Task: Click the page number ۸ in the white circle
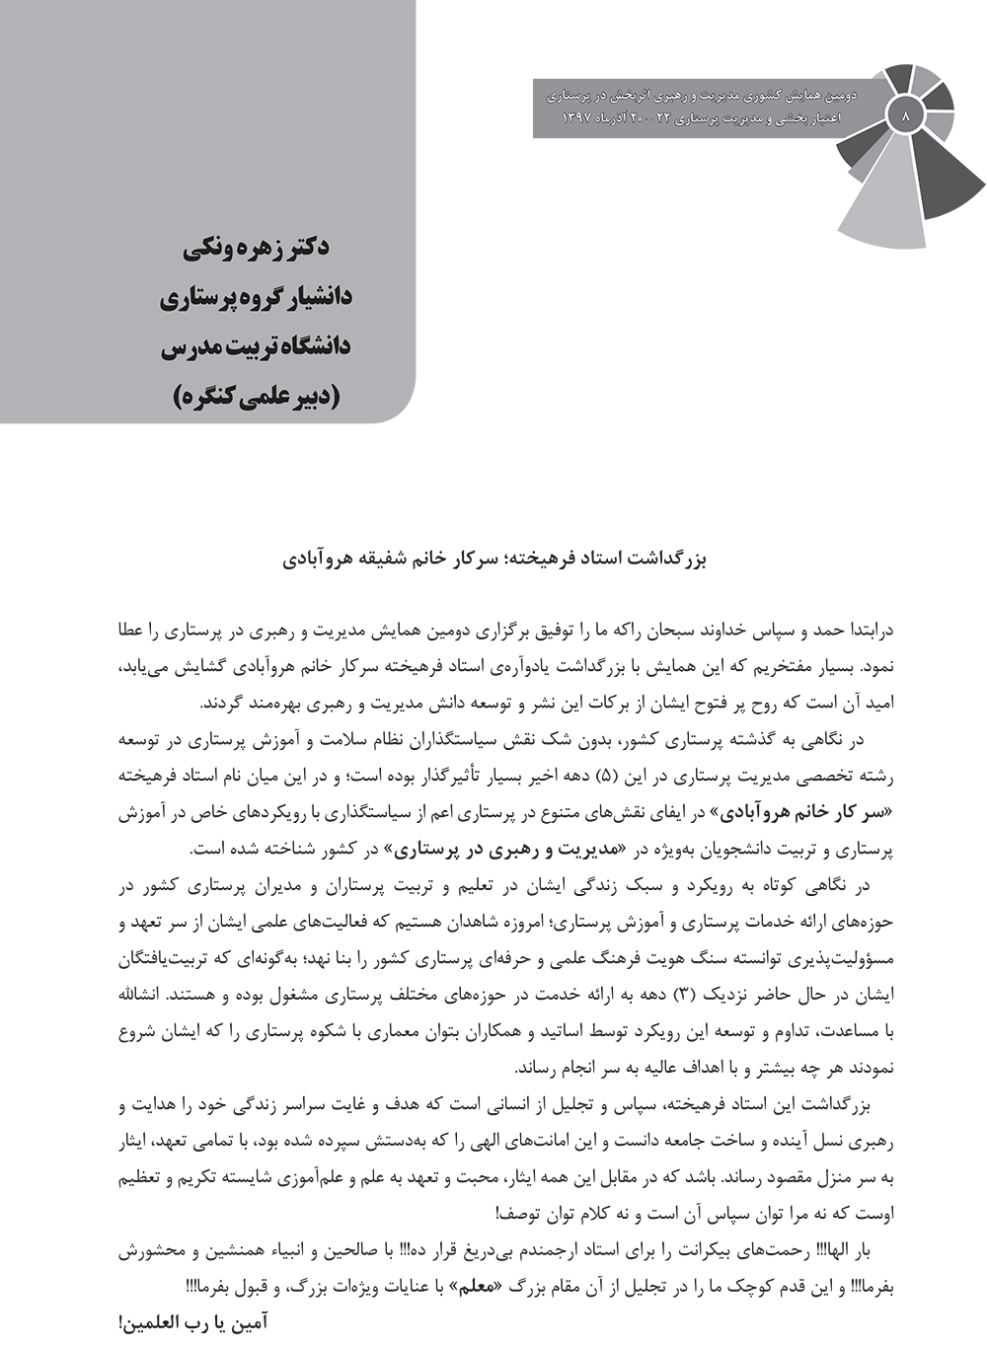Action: [905, 114]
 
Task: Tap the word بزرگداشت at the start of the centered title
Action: [670, 559]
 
